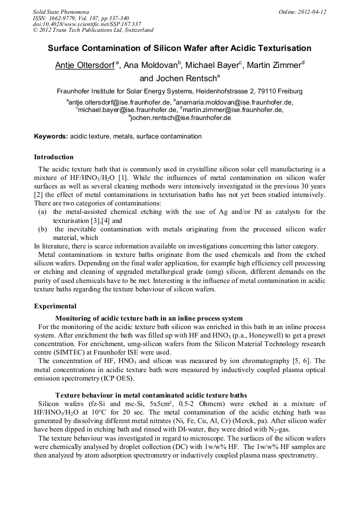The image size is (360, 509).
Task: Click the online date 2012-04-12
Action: pos(311,11)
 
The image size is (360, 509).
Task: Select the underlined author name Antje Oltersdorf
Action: pos(85,65)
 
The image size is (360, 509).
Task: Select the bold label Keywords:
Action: pos(51,136)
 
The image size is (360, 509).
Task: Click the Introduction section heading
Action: pos(54,157)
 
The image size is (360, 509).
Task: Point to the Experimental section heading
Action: pos(55,306)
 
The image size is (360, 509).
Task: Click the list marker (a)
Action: pos(42,212)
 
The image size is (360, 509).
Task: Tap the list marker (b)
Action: pos(42,229)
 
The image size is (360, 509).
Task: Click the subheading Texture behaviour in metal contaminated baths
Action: pos(151,395)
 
